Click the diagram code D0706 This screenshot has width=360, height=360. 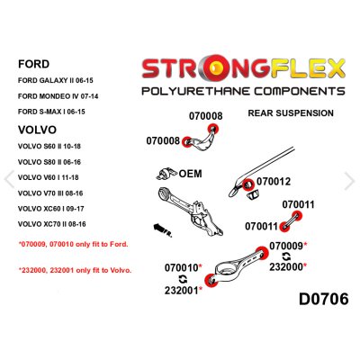324,299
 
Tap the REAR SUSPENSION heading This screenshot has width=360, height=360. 291,113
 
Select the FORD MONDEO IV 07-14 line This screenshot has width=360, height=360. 58,96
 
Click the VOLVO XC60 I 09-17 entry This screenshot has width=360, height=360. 50,209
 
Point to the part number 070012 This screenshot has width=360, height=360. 274,182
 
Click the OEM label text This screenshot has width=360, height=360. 190,174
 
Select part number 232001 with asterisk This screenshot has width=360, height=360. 184,290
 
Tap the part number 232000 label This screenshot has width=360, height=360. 288,266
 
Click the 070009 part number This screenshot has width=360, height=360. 288,246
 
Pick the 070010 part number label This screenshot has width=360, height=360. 184,267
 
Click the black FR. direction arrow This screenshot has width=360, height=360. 162,230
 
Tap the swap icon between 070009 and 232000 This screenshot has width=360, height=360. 286,256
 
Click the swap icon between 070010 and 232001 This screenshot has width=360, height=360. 183,279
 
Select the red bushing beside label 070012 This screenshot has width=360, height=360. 247,184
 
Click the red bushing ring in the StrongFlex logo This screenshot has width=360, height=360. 216,68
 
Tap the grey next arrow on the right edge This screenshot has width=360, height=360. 350,181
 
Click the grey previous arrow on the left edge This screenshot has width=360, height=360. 9,179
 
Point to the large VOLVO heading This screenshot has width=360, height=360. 37,130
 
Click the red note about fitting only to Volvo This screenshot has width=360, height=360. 76,270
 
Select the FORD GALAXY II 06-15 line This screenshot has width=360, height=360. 56,80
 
